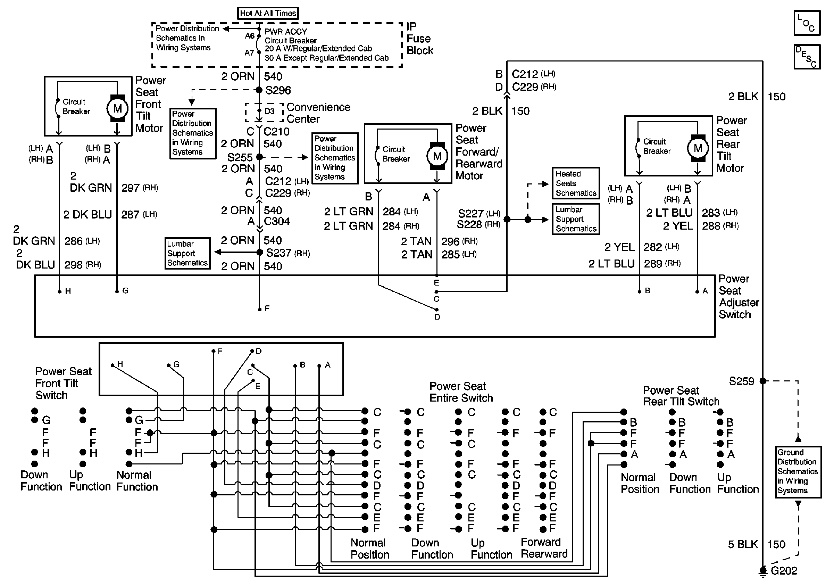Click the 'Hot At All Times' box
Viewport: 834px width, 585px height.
[x=268, y=14]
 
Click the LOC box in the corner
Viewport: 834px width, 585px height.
[x=807, y=23]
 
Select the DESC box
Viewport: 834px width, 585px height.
[x=807, y=57]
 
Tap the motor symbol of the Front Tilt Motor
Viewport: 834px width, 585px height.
[x=117, y=108]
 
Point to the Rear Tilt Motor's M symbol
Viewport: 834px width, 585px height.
[x=698, y=148]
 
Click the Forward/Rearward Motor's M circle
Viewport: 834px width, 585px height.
[x=437, y=156]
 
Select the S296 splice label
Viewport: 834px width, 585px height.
[x=278, y=90]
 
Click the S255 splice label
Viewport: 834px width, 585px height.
[x=240, y=157]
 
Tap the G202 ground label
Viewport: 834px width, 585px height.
[x=784, y=571]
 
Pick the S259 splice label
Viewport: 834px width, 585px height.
[x=741, y=381]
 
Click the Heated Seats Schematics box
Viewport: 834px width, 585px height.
[x=576, y=183]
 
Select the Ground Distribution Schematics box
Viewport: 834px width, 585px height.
[x=798, y=472]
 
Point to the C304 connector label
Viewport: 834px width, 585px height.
[x=276, y=221]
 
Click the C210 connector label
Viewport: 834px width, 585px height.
[x=276, y=132]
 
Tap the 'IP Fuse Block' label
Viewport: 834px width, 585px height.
[x=419, y=39]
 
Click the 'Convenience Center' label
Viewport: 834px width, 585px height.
[x=318, y=113]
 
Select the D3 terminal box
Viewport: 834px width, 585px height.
[x=264, y=112]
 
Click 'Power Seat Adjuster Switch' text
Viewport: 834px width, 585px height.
[x=739, y=297]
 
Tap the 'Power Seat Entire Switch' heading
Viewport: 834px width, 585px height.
[x=461, y=392]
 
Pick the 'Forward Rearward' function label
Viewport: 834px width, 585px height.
[x=544, y=548]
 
